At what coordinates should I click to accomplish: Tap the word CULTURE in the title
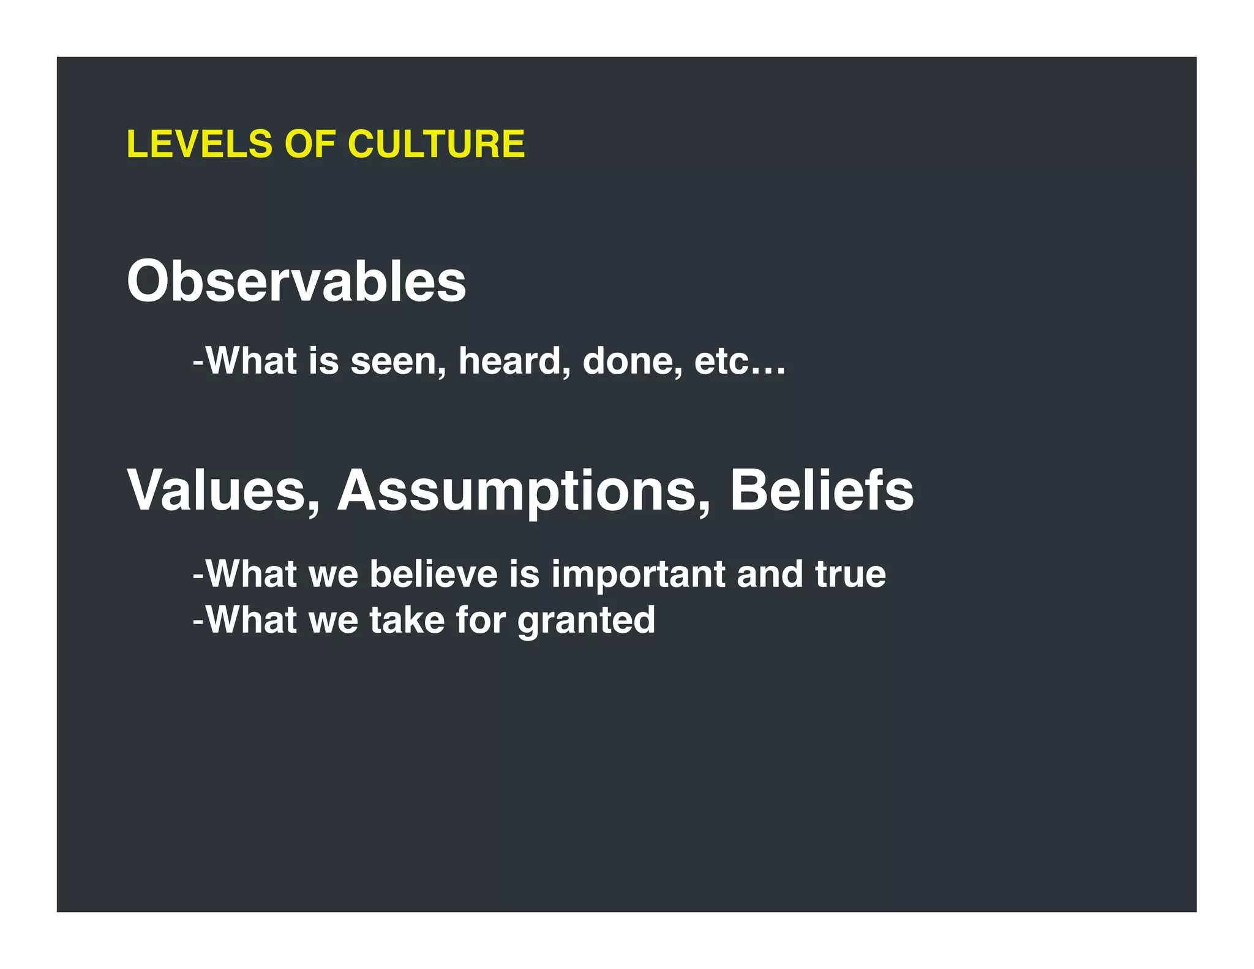pyautogui.click(x=436, y=145)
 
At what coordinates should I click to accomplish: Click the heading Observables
pyautogui.click(x=296, y=282)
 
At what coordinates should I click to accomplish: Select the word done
pyautogui.click(x=632, y=361)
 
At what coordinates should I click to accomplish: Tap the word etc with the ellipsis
pyautogui.click(x=740, y=361)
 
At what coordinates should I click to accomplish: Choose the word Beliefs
pyautogui.click(x=822, y=491)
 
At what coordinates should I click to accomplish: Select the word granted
pyautogui.click(x=587, y=621)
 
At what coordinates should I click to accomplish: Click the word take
pyautogui.click(x=407, y=620)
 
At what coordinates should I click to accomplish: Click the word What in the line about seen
pyautogui.click(x=251, y=361)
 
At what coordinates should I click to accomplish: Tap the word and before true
pyautogui.click(x=770, y=575)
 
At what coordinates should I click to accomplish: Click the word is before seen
pyautogui.click(x=323, y=361)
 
